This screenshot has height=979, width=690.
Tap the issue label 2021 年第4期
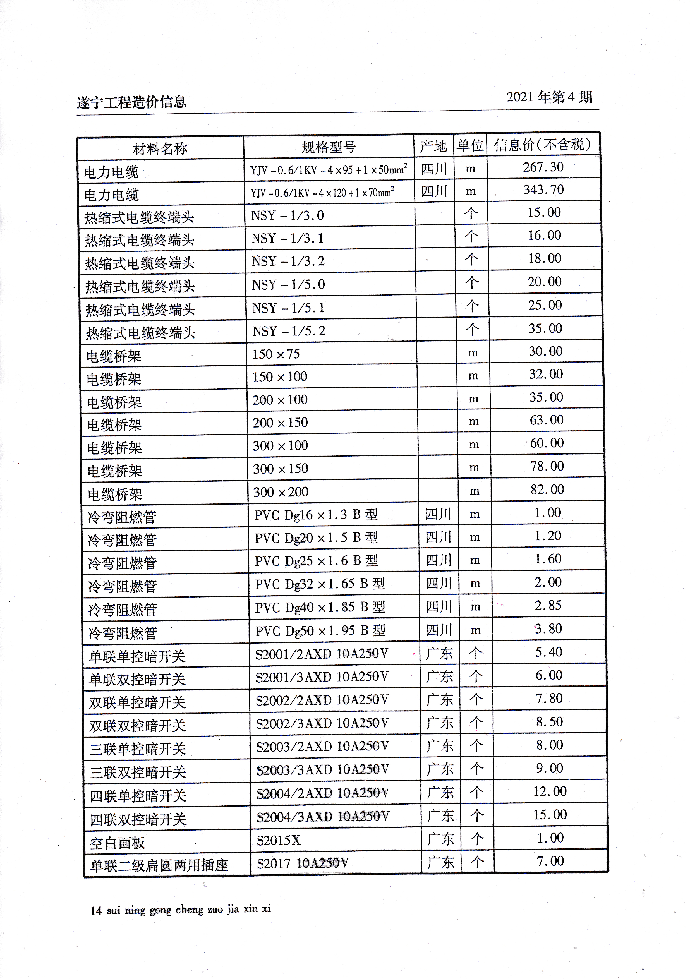pyautogui.click(x=549, y=97)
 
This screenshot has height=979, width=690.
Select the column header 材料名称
pyautogui.click(x=160, y=149)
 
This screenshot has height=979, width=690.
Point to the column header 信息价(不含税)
pyautogui.click(x=543, y=145)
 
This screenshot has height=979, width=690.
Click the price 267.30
pyautogui.click(x=543, y=167)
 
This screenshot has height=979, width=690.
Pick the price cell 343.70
pyautogui.click(x=543, y=190)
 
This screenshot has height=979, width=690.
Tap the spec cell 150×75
pyautogui.click(x=276, y=354)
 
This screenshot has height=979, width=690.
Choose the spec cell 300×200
pyautogui.click(x=281, y=492)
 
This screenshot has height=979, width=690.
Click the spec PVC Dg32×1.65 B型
pyautogui.click(x=320, y=584)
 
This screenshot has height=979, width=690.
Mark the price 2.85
pyautogui.click(x=548, y=606)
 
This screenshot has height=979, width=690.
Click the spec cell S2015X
pyautogui.click(x=279, y=840)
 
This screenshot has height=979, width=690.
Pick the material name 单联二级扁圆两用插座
pyautogui.click(x=159, y=865)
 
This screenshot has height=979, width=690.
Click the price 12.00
pyautogui.click(x=550, y=792)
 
